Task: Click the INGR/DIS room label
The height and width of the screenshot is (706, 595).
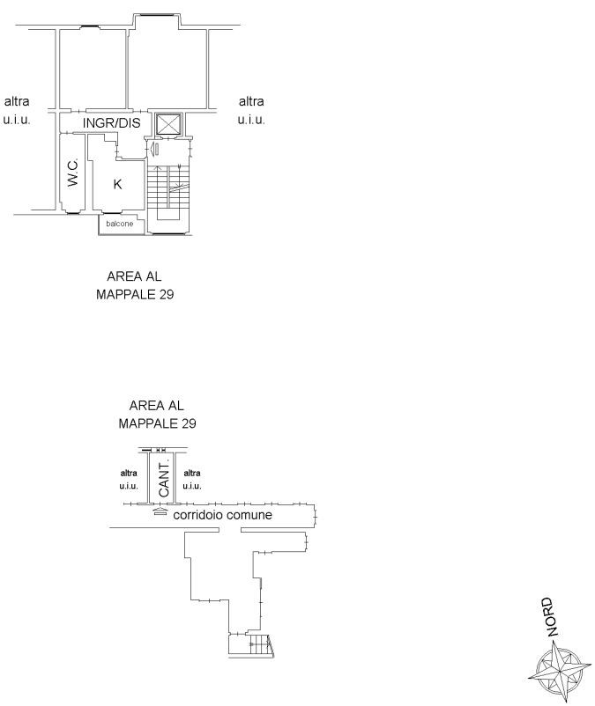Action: [112, 123]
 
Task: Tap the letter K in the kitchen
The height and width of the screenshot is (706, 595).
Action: [117, 184]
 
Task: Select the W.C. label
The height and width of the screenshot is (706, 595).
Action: [73, 173]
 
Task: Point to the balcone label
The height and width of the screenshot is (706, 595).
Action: [120, 224]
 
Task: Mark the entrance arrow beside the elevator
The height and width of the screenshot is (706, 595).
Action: [153, 149]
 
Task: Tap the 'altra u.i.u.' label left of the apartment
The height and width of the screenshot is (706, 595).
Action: [17, 110]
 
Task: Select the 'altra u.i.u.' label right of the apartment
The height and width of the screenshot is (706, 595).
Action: [251, 110]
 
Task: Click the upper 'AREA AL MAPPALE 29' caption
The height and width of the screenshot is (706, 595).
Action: [135, 285]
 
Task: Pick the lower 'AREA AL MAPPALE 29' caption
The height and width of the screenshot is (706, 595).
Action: [157, 414]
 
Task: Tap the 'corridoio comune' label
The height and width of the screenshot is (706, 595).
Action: [222, 515]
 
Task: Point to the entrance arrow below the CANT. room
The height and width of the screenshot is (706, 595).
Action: [159, 511]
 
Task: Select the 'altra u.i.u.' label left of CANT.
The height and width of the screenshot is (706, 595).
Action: [130, 480]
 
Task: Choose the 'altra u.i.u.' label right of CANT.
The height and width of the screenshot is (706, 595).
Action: [192, 480]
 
